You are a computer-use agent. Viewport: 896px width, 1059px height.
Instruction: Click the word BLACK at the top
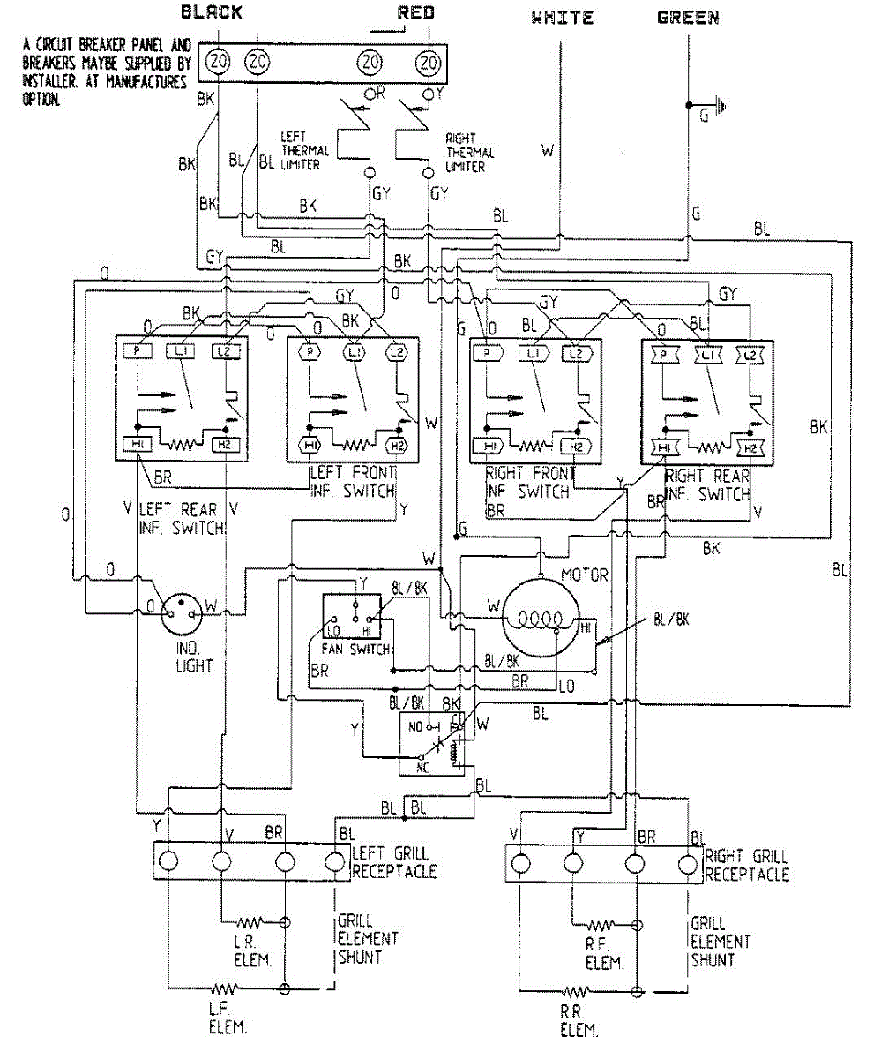tap(212, 12)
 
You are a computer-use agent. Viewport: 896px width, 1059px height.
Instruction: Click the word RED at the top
tap(415, 12)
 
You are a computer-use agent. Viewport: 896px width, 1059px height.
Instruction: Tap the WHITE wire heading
tap(563, 17)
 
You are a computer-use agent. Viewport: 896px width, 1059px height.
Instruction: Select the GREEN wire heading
tap(689, 17)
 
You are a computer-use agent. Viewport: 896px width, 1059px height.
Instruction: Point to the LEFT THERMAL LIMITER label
tap(300, 151)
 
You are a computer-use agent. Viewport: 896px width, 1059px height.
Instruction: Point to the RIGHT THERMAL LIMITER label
tap(469, 152)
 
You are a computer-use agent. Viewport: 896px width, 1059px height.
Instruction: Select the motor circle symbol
tap(541, 618)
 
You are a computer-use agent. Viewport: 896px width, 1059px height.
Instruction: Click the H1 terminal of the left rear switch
tap(139, 444)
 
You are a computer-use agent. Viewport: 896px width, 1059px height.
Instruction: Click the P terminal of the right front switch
tap(487, 353)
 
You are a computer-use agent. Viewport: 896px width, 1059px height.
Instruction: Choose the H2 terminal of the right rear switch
tap(750, 447)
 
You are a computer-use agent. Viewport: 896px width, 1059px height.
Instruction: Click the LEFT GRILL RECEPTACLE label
tap(393, 862)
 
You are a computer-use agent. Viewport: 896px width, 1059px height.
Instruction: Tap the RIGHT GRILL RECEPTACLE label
tap(746, 865)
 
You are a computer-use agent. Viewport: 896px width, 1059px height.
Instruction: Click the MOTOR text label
tap(584, 575)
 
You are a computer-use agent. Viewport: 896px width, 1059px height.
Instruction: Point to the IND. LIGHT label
tap(193, 656)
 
